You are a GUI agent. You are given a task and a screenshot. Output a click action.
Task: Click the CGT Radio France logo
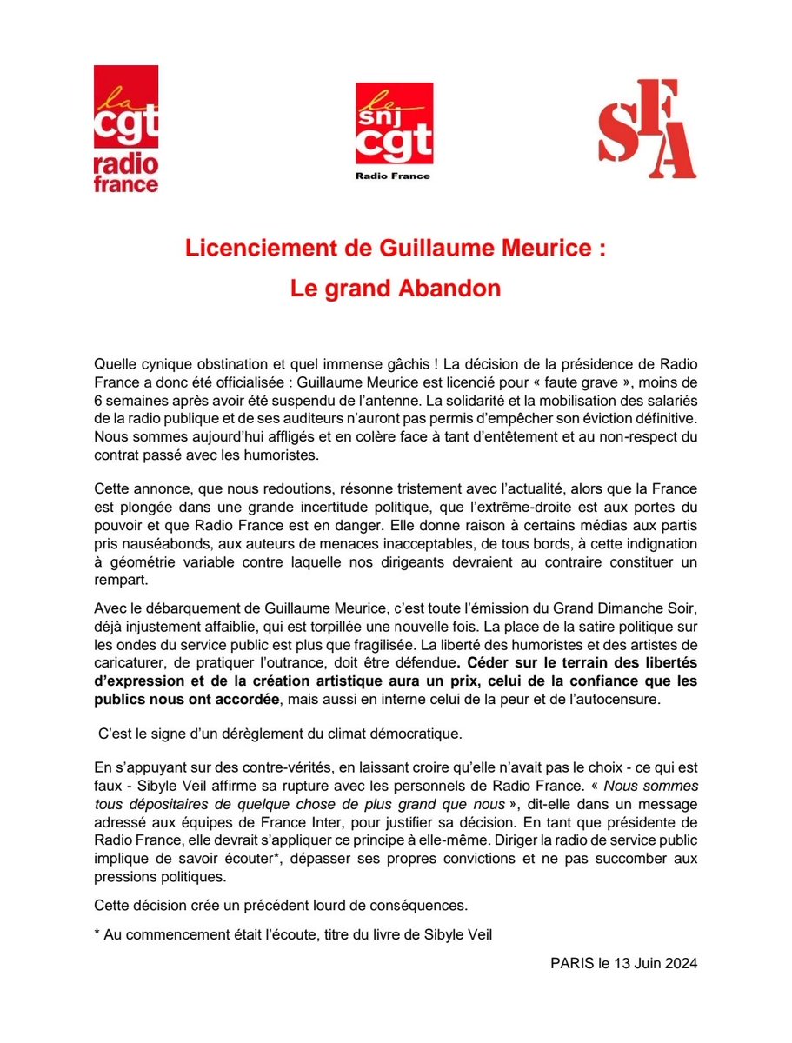pos(126,130)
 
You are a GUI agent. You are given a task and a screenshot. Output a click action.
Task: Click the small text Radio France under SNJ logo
pos(394,176)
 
